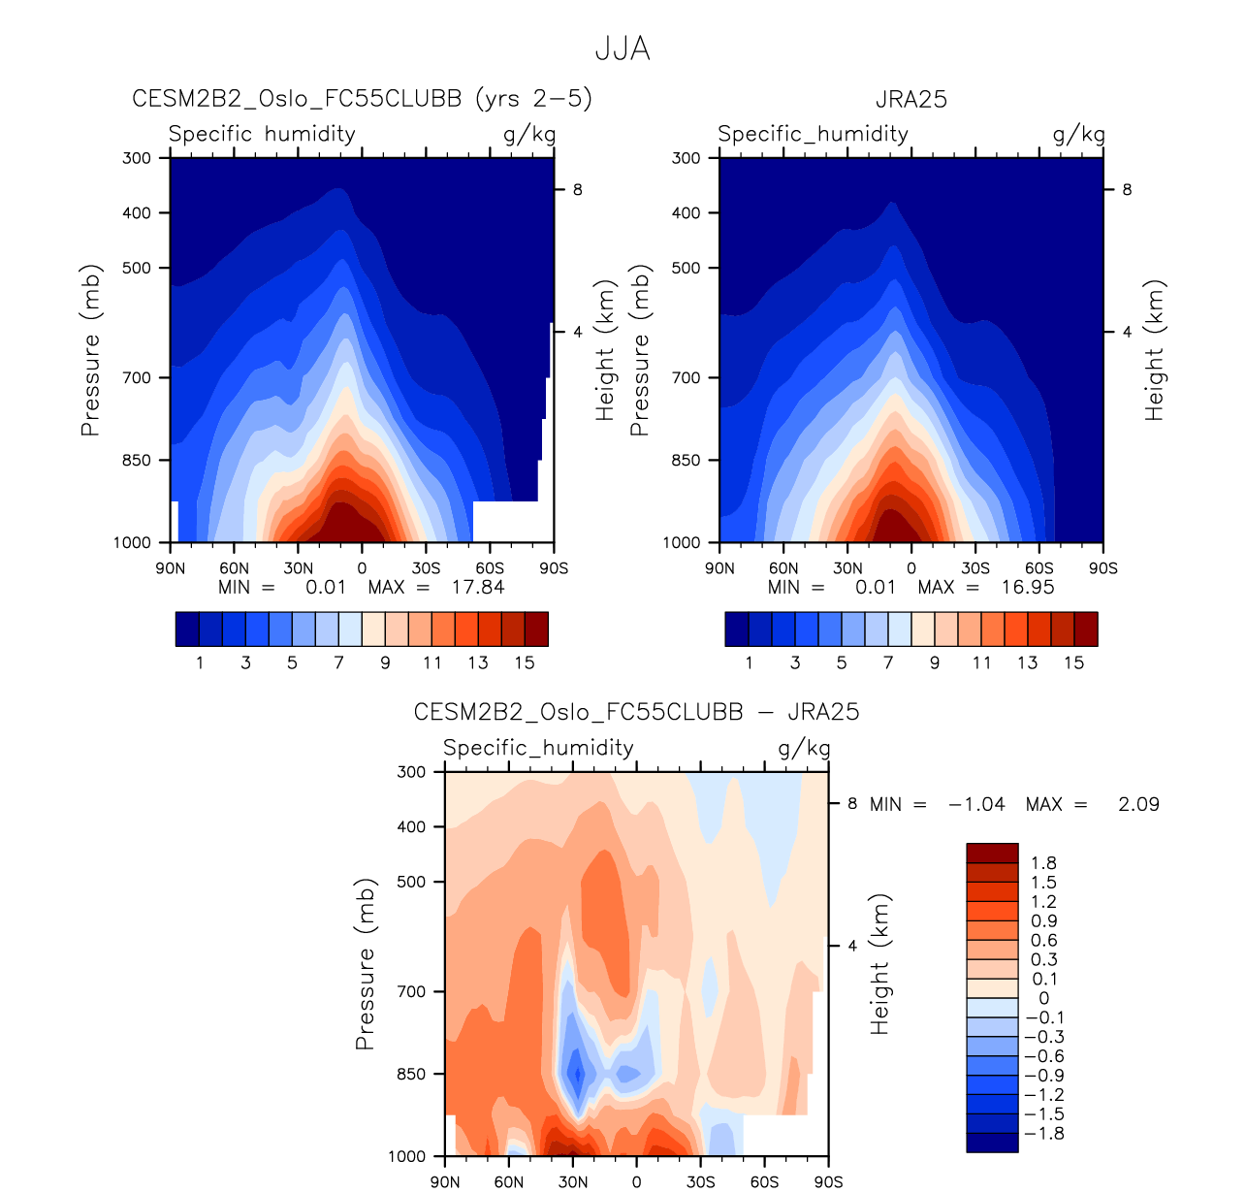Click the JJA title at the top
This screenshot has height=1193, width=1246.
coord(623,48)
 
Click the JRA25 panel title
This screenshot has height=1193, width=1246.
coord(911,100)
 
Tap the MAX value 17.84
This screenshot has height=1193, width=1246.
coord(478,587)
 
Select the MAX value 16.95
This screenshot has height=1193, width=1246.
coord(1028,587)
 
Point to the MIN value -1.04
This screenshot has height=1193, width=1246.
coord(977,804)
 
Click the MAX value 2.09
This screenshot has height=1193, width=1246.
coord(1138,804)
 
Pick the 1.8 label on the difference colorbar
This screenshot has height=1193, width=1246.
coord(1044,863)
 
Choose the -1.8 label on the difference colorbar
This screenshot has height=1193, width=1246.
coord(1044,1134)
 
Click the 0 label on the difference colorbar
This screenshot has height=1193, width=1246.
coord(1044,998)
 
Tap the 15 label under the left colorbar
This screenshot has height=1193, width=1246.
coord(525,662)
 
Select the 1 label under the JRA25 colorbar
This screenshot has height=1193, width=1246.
coord(749,662)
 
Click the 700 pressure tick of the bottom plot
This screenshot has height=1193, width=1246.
coord(412,991)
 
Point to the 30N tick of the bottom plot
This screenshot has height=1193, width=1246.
coord(572,1181)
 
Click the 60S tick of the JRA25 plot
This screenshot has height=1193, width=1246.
coord(1039,568)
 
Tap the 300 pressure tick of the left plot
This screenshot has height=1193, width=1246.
coord(137,158)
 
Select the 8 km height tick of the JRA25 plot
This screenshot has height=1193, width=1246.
coord(1127,190)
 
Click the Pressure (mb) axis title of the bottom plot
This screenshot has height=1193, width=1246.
coord(366,965)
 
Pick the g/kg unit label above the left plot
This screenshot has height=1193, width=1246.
coord(529,134)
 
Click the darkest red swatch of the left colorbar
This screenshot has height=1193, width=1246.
coord(536,629)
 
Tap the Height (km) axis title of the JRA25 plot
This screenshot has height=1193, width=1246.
coord(1154,351)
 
